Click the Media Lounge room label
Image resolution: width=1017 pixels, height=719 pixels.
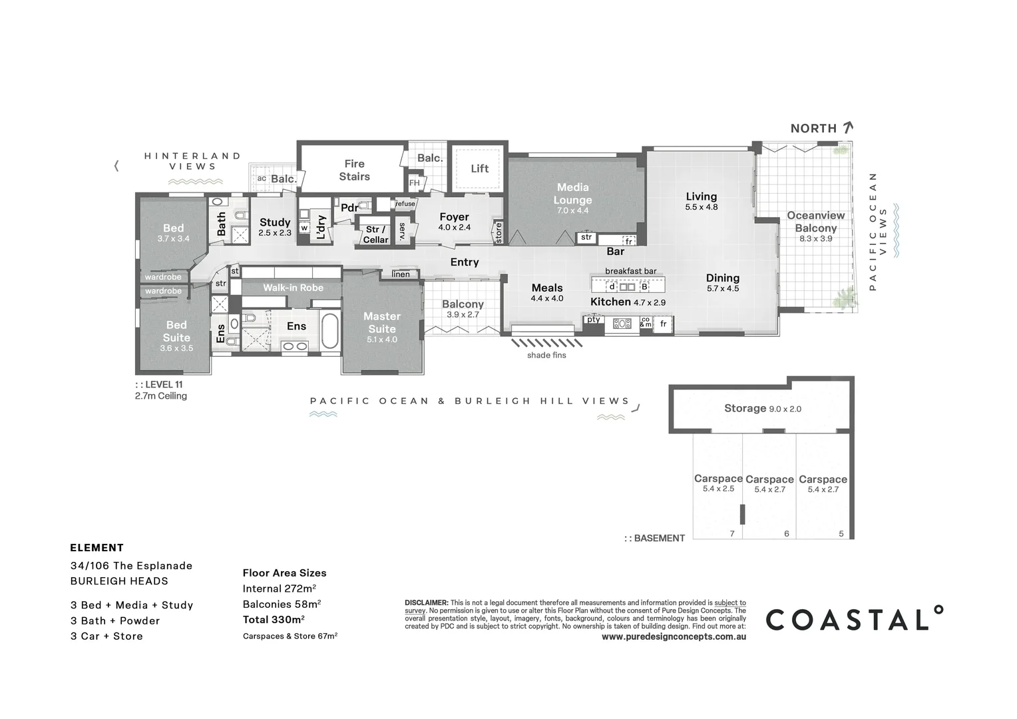(572, 194)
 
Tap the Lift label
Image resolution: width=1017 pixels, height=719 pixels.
(479, 168)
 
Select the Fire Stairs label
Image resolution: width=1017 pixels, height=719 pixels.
(354, 170)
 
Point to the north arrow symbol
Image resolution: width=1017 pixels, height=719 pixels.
(847, 128)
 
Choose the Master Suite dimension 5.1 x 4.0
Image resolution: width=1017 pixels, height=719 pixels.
(382, 340)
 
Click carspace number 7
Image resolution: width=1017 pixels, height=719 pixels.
(732, 533)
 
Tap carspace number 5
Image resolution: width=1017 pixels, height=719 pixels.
(841, 533)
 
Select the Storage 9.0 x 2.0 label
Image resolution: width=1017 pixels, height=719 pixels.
(762, 408)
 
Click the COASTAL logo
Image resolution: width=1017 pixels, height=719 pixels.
(854, 619)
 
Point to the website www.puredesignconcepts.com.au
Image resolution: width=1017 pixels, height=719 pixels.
(674, 636)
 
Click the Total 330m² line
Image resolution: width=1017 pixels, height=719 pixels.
(274, 620)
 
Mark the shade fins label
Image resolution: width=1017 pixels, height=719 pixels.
(546, 356)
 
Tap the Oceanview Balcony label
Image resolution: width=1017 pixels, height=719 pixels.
(815, 222)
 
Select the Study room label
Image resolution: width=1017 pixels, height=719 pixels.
(275, 222)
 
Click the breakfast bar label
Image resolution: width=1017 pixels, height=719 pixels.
(630, 271)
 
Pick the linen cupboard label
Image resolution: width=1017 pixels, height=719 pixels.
(401, 274)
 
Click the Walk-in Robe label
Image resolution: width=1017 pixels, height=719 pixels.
(293, 288)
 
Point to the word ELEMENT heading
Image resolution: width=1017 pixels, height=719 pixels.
(97, 548)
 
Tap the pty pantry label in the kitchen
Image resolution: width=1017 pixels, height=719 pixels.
(593, 320)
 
